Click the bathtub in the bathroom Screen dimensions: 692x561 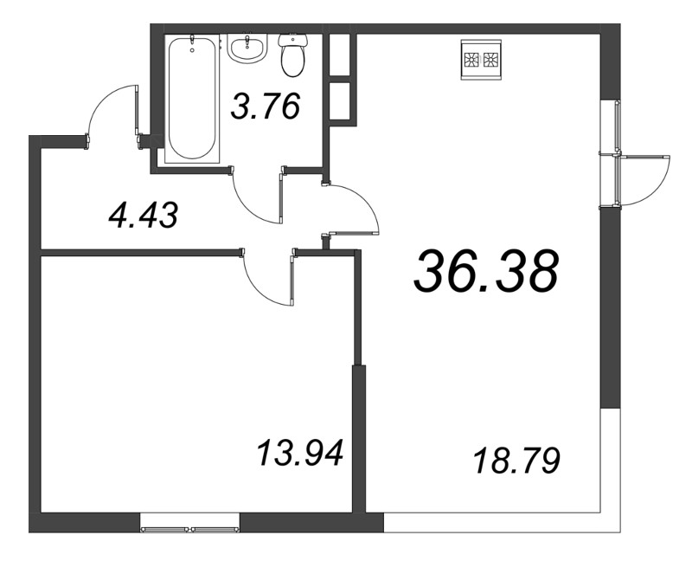192,100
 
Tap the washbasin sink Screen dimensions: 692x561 247,48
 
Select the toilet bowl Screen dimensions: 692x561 292,56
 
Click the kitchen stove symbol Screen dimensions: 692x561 482,60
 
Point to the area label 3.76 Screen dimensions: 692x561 266,106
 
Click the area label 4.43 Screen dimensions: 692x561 144,215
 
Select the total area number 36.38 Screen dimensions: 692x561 486,271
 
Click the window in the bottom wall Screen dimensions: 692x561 189,529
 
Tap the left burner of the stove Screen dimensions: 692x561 471,60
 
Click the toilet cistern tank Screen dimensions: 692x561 292,41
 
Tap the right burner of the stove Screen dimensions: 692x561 491,60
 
